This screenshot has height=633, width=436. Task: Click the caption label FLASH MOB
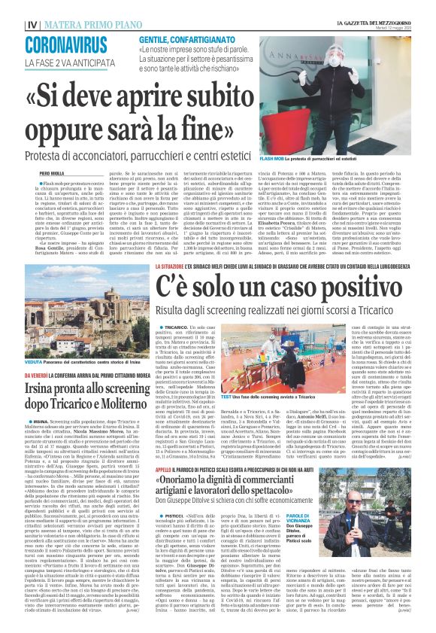point(313,160)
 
